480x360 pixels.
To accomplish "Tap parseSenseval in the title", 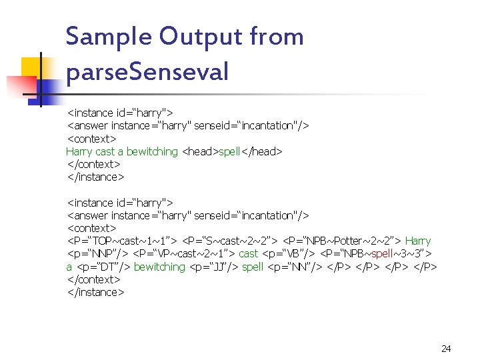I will (x=147, y=71).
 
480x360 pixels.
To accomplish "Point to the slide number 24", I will (x=446, y=349).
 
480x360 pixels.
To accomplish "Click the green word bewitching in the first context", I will (x=152, y=152).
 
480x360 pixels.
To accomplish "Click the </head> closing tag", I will (x=261, y=152).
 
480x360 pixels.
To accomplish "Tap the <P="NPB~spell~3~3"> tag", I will (x=377, y=254).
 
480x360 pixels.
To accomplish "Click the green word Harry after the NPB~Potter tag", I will (x=418, y=241).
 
